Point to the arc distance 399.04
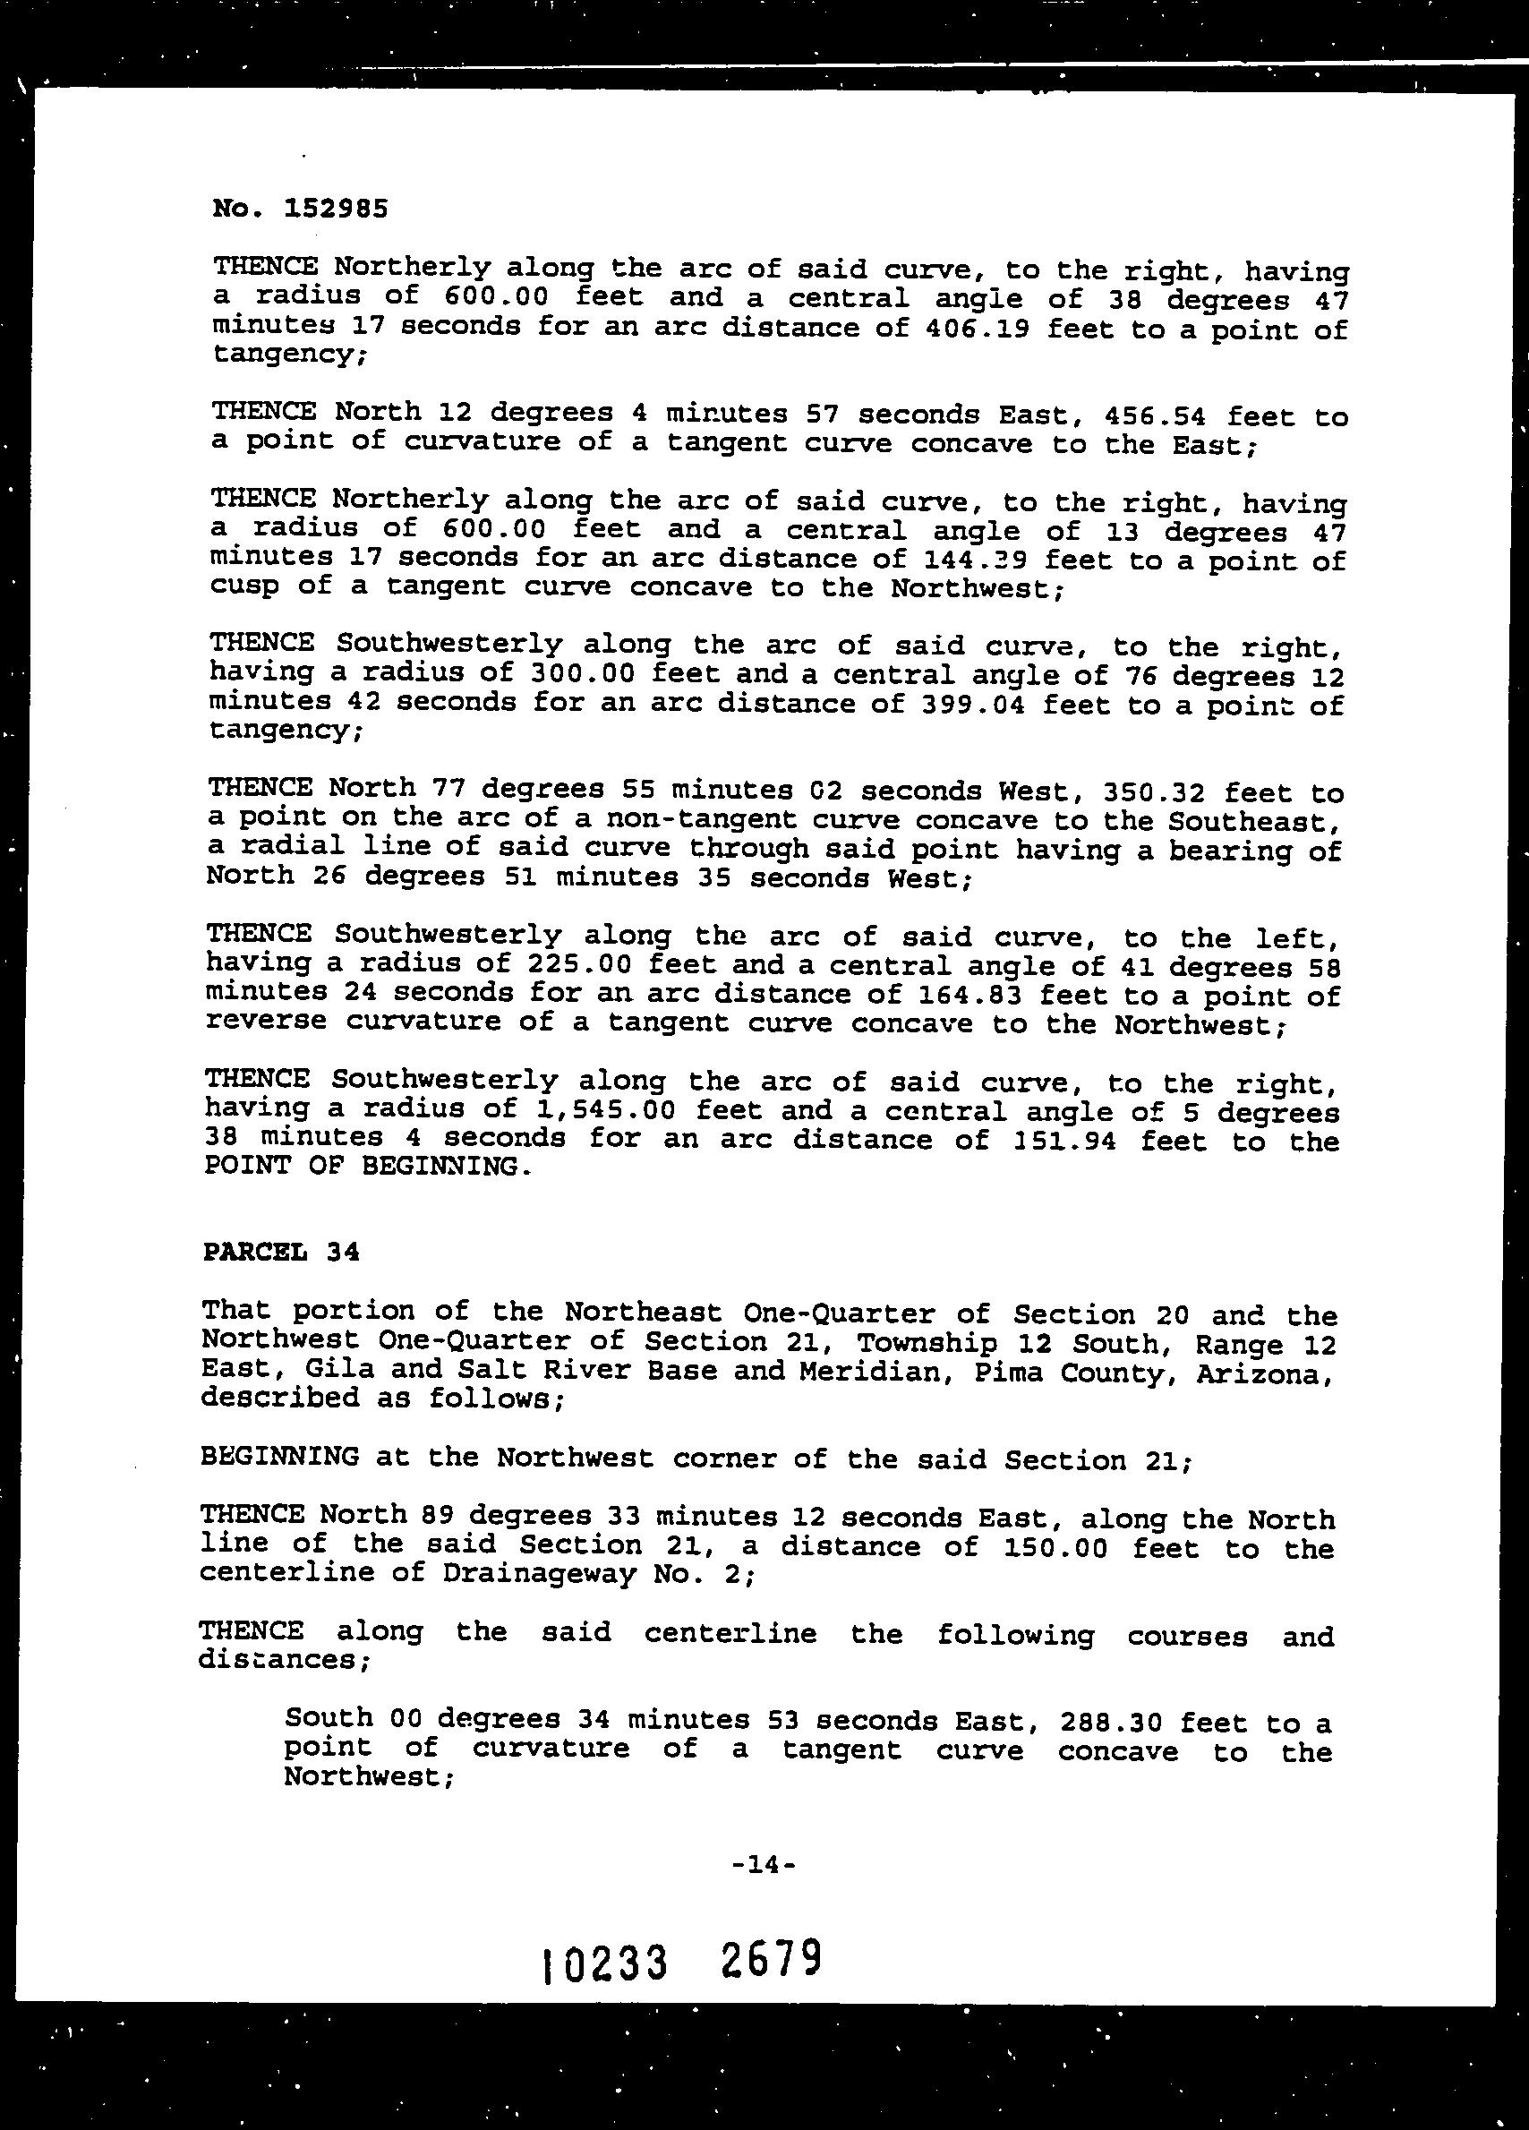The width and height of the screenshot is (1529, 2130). click(x=972, y=704)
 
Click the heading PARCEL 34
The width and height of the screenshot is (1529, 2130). click(x=282, y=1252)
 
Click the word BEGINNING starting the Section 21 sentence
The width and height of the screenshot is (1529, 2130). click(x=279, y=1456)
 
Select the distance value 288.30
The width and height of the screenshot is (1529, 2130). click(x=1110, y=1722)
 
